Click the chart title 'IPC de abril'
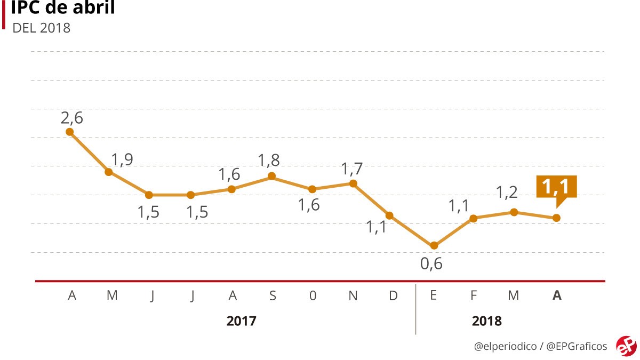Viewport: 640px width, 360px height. click(x=63, y=9)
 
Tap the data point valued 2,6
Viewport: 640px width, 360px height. click(x=69, y=132)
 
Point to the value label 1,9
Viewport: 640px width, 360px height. click(x=122, y=159)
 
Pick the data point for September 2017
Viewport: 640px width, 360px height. click(x=271, y=176)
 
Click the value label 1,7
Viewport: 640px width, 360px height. click(x=352, y=169)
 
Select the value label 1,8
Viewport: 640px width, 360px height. click(x=268, y=160)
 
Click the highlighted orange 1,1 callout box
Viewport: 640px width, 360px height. click(x=556, y=187)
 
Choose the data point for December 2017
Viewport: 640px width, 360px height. click(x=390, y=215)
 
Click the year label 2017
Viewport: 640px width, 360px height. click(x=241, y=321)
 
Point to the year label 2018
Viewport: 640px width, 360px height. click(x=487, y=321)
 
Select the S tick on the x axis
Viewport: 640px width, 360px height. click(x=273, y=296)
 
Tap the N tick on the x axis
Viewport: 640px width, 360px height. click(x=353, y=296)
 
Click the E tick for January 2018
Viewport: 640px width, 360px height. click(x=433, y=296)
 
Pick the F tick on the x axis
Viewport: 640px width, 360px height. click(x=474, y=296)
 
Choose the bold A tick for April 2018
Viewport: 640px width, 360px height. click(x=557, y=296)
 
